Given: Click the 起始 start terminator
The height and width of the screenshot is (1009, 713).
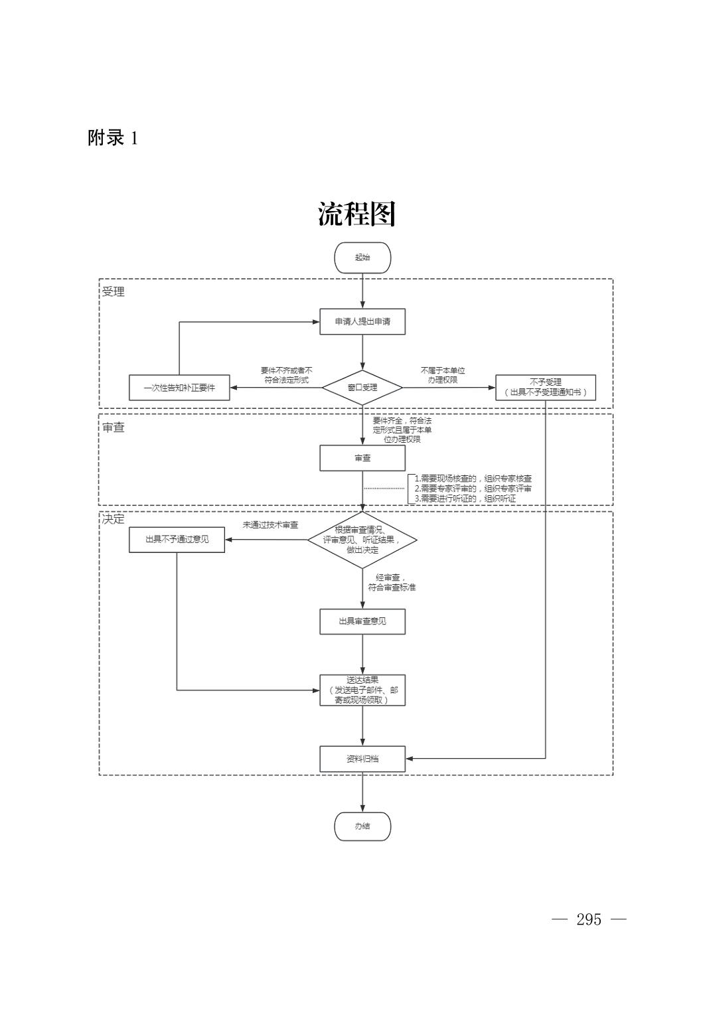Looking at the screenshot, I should [362, 258].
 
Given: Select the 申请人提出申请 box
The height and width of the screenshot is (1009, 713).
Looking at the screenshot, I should [362, 322].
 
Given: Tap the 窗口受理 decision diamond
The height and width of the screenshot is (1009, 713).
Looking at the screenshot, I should [362, 387].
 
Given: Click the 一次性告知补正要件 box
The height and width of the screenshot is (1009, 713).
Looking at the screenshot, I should [179, 388].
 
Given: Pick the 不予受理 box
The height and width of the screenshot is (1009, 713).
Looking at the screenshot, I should [545, 387].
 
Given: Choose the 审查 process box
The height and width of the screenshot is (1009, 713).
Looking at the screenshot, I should [362, 458].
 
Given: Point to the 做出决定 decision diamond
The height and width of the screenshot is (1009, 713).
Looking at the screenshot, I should [362, 540].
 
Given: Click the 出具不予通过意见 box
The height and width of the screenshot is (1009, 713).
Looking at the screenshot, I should [177, 539].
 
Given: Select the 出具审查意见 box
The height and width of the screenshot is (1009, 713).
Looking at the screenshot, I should [362, 621].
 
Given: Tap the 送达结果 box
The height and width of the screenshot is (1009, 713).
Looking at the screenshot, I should [362, 690].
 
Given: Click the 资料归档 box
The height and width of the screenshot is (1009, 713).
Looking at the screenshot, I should [362, 759].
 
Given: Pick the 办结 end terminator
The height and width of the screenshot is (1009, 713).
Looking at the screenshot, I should [362, 826].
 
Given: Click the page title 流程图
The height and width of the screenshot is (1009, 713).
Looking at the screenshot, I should [356, 214].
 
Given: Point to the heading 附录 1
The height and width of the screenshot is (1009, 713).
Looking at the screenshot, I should [113, 138].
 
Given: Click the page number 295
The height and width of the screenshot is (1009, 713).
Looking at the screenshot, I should [589, 919].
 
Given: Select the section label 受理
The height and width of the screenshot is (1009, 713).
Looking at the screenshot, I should [114, 291].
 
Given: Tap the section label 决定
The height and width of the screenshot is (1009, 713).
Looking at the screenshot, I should [114, 519].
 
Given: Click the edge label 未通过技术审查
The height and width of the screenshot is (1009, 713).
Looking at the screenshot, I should [270, 525].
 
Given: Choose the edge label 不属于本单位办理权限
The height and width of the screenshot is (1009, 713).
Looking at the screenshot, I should [443, 375].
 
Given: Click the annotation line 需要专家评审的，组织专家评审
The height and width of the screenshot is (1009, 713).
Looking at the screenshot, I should [473, 489].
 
